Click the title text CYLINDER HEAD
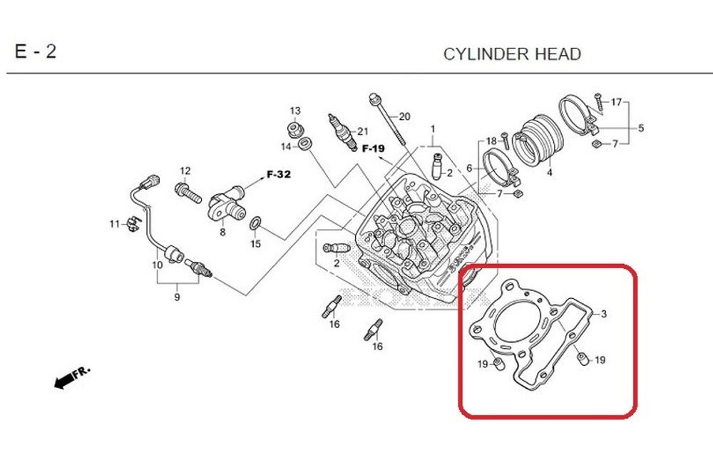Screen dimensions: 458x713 pyautogui.click(x=512, y=54)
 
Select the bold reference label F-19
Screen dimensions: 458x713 pyautogui.click(x=373, y=149)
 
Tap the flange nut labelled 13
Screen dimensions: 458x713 pyautogui.click(x=294, y=130)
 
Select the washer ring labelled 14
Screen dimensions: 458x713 pyautogui.click(x=304, y=146)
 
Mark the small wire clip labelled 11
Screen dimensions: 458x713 pyautogui.click(x=131, y=224)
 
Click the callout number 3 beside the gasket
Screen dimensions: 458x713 pyautogui.click(x=603, y=314)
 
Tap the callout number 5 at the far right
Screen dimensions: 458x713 pyautogui.click(x=640, y=128)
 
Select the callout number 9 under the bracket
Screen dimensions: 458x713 pyautogui.click(x=177, y=297)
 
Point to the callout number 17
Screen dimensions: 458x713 pyautogui.click(x=616, y=101)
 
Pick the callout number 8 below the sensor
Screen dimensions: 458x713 pyautogui.click(x=222, y=232)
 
